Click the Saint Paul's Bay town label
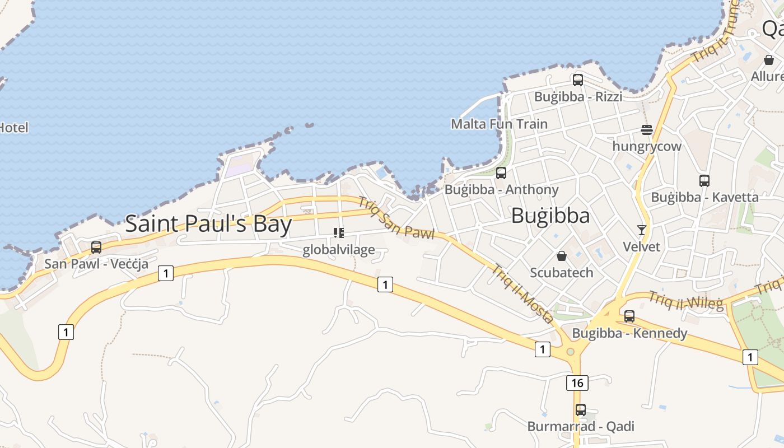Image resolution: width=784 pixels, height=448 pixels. click(x=208, y=224)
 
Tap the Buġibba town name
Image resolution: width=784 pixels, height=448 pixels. click(x=550, y=216)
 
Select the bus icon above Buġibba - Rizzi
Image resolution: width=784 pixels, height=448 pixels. click(x=578, y=80)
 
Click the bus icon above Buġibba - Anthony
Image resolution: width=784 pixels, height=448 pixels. click(x=501, y=173)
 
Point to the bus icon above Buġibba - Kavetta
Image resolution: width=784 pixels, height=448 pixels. click(x=704, y=181)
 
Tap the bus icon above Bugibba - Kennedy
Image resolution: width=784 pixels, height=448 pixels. click(x=629, y=316)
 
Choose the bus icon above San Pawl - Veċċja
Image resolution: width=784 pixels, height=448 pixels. click(x=96, y=247)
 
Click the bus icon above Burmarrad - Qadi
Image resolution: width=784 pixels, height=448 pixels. click(x=581, y=410)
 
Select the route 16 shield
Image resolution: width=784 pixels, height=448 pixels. click(x=577, y=383)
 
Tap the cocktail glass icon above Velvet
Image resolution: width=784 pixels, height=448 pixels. click(x=642, y=230)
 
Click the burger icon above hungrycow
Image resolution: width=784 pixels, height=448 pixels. click(x=647, y=130)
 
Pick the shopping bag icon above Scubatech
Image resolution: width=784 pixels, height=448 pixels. click(x=562, y=256)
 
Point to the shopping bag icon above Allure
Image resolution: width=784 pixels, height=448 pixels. click(x=769, y=59)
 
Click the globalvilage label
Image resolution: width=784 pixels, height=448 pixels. click(x=339, y=250)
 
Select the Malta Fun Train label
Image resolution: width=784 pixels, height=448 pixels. click(x=500, y=124)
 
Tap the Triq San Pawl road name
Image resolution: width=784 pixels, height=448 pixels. click(x=396, y=218)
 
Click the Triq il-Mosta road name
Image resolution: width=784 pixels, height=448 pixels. click(x=522, y=294)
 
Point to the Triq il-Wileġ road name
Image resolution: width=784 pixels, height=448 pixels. click(x=686, y=301)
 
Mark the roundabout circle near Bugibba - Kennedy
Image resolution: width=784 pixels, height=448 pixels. click(x=570, y=352)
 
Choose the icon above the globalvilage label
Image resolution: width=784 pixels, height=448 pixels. click(x=339, y=232)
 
